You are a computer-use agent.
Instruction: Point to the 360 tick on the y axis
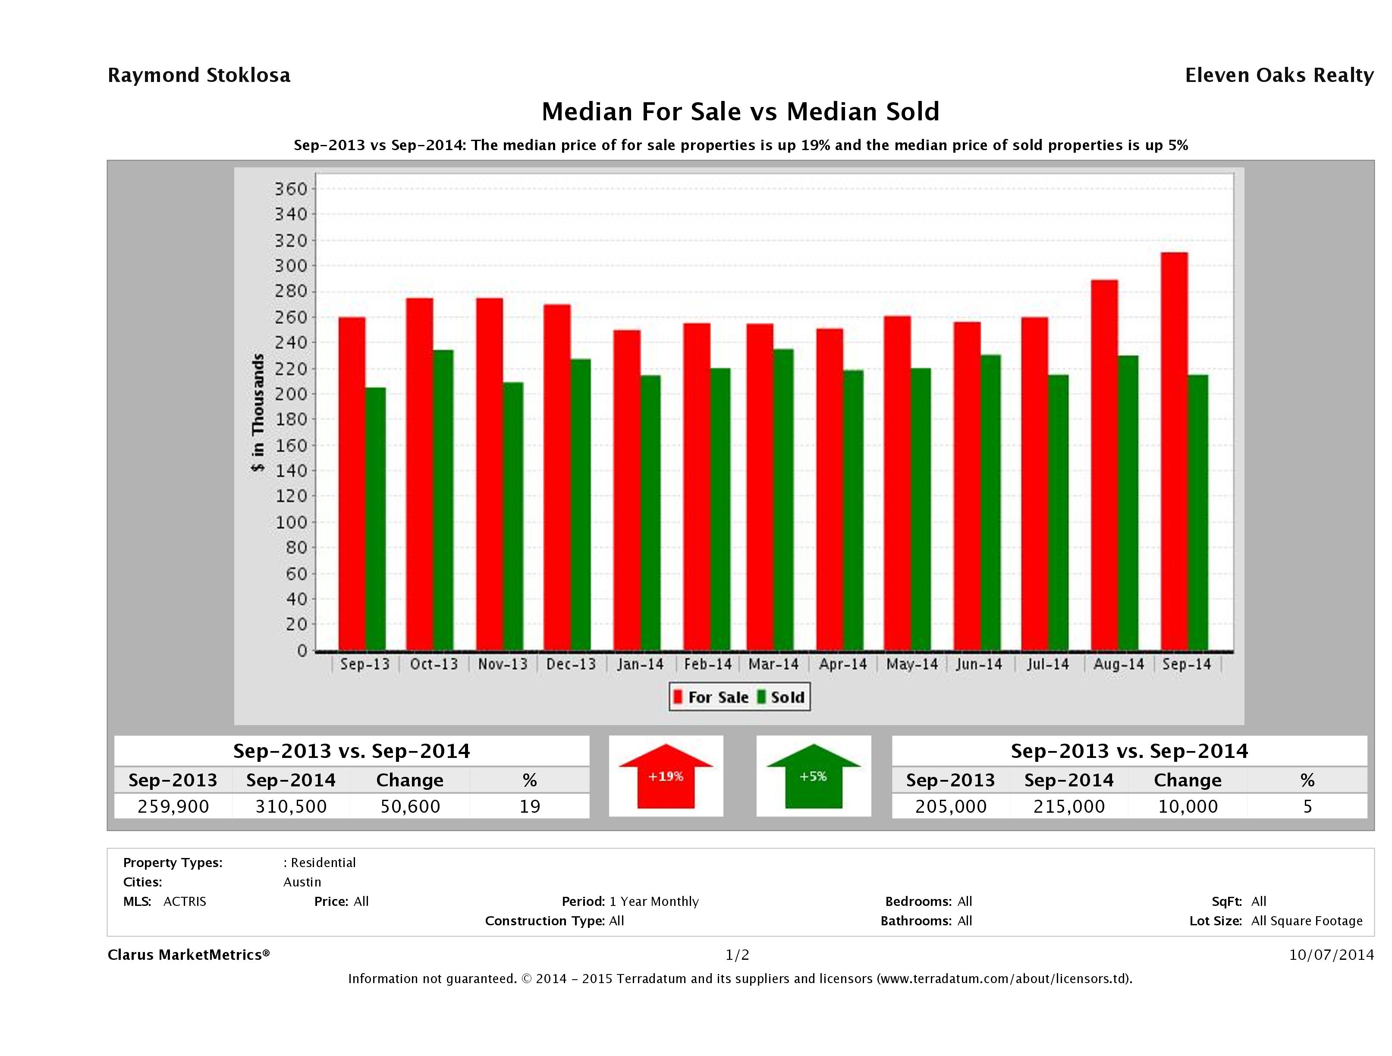[x=291, y=189]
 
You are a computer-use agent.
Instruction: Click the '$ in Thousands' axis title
[x=258, y=412]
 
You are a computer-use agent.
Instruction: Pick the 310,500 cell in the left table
[x=291, y=807]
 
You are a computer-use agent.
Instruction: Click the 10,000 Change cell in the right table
[x=1188, y=807]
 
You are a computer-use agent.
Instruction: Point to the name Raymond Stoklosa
[x=199, y=75]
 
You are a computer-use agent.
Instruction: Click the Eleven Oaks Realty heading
[x=1279, y=75]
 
